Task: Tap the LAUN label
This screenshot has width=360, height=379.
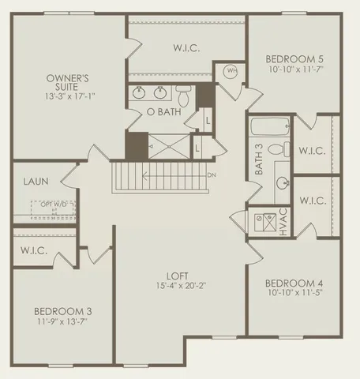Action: pos(32,181)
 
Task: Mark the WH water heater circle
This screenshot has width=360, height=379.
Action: pos(232,71)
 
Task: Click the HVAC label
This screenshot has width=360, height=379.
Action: pos(282,223)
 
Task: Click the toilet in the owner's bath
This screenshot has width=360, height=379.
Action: pos(183,96)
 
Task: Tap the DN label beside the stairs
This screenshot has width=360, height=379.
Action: pos(211,175)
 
